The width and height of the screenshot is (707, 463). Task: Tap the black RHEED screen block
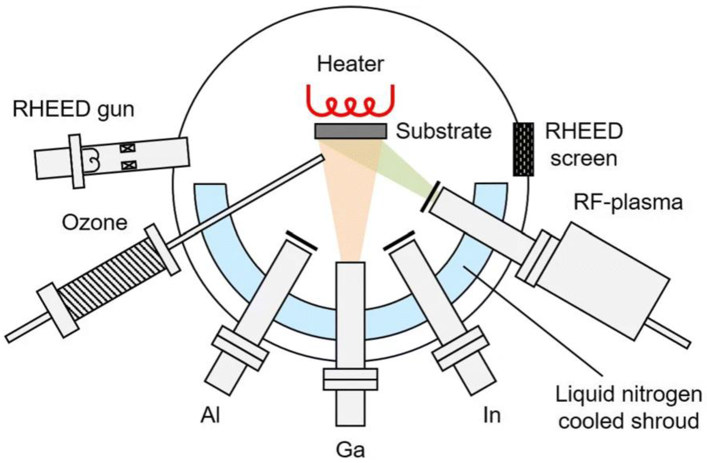click(524, 149)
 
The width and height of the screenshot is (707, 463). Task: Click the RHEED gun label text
click(73, 109)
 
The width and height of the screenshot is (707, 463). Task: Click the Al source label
click(210, 415)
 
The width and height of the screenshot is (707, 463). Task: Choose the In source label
click(492, 415)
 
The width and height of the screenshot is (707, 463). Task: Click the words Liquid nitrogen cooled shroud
click(628, 408)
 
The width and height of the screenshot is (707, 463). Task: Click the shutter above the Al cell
click(301, 240)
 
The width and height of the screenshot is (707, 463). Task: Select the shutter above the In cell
click(399, 240)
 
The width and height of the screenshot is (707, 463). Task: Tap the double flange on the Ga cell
click(350, 379)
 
